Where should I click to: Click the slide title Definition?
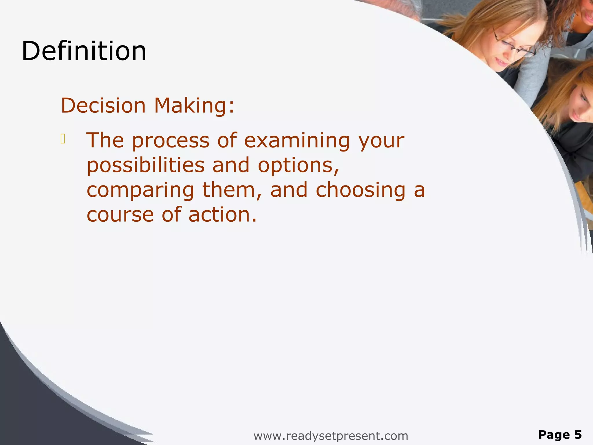pos(84,51)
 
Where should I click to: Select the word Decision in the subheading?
pos(103,105)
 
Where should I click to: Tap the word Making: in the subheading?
pos(194,106)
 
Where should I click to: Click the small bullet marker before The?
pos(63,139)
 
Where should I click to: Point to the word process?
pos(171,141)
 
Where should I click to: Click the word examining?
pos(297,141)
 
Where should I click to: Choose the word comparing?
pos(140,191)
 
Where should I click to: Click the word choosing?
pos(360,191)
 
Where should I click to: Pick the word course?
pos(120,215)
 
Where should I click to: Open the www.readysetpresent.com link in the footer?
pos(331,436)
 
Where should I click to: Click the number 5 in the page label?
pos(578,435)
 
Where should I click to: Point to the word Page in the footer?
pos(554,435)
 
